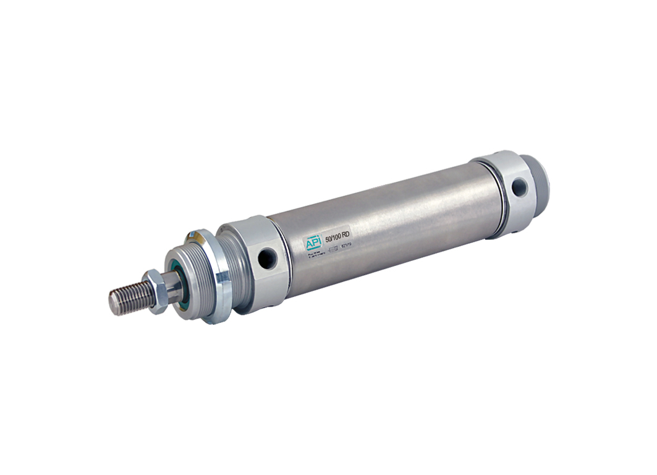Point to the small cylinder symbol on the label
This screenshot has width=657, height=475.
(334, 249)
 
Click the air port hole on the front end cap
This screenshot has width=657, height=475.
(267, 258)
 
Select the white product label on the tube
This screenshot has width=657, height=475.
(328, 242)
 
